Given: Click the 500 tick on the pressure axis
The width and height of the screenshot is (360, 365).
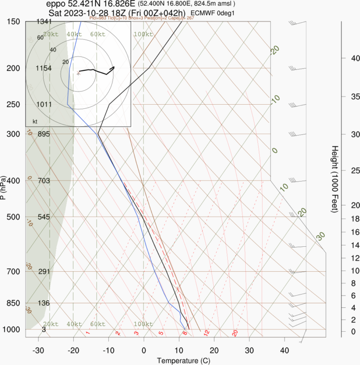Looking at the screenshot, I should (x=14, y=217).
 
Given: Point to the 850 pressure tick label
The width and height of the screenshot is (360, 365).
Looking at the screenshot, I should (x=14, y=303).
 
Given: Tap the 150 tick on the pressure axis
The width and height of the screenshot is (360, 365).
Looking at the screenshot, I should (x=14, y=22).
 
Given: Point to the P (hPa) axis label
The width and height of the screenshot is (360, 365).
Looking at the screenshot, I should (x=3, y=188).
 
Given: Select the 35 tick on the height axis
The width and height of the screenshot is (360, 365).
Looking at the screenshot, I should (x=342, y=97).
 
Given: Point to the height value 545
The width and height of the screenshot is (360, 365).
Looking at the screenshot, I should (x=44, y=217).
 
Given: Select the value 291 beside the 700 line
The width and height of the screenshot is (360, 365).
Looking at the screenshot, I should (x=44, y=271).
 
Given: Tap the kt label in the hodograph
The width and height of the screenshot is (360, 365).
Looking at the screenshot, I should (x=35, y=122).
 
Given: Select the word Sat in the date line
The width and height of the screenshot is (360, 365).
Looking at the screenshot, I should (x=54, y=12).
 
